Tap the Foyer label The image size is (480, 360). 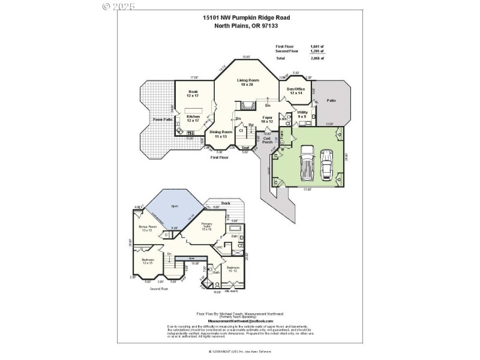pos(268,119)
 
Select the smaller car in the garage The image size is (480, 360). pos(327,164)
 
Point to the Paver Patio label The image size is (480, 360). pos(162,119)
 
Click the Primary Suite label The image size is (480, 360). pos(207,227)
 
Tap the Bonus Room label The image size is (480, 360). pos(148,229)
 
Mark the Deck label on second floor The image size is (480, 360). pos(226,203)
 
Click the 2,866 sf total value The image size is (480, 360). pos(316,59)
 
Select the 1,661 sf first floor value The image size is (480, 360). pos(316,46)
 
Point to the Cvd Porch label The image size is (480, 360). pos(267,140)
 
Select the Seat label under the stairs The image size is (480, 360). pos(245,148)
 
